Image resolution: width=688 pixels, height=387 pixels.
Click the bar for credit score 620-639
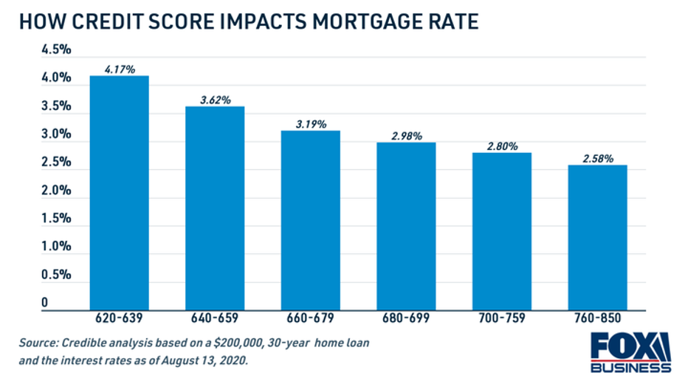click(x=119, y=192)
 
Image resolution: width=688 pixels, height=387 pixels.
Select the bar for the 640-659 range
click(x=215, y=208)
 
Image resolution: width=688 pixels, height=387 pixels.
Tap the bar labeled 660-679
click(x=311, y=219)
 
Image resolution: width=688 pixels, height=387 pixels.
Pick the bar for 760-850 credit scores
click(x=598, y=236)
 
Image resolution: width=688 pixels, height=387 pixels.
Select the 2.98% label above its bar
click(x=407, y=137)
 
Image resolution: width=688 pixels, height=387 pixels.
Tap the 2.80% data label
click(x=503, y=147)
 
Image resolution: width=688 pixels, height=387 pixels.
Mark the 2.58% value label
click(x=598, y=159)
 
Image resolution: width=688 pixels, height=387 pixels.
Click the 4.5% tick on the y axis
click(x=56, y=49)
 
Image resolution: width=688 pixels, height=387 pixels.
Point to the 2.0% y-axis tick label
click(x=56, y=191)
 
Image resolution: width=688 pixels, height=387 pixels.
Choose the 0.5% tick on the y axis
click(x=56, y=275)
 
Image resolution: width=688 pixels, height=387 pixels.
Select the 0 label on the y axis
click(x=45, y=303)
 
